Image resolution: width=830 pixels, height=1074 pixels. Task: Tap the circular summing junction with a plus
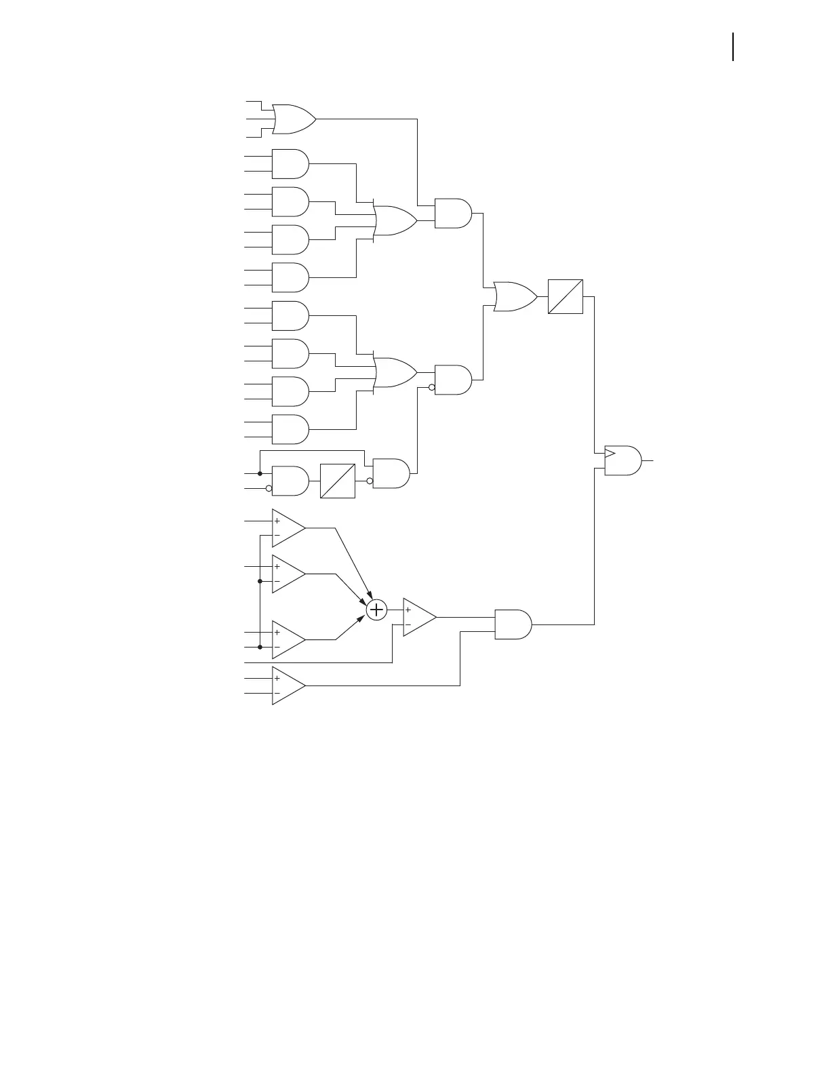(x=376, y=610)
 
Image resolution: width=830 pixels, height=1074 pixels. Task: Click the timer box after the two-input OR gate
(x=566, y=296)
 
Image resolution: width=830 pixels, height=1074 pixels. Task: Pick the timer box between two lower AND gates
(x=338, y=481)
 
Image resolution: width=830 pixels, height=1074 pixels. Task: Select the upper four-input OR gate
(x=395, y=220)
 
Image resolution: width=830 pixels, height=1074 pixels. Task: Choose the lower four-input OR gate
(x=395, y=372)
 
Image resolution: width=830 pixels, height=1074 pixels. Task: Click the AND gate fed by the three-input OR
(x=452, y=213)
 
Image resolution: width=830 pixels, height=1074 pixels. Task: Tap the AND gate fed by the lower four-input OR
(x=452, y=380)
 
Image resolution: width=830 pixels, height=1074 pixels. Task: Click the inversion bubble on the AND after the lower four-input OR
(x=431, y=388)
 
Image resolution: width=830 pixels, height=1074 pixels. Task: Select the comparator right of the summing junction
(x=418, y=617)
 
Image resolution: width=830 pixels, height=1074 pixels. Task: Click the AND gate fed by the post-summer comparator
(x=513, y=624)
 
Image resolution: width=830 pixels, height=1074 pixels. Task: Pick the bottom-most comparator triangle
(x=288, y=685)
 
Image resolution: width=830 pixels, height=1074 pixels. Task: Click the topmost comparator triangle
(x=288, y=528)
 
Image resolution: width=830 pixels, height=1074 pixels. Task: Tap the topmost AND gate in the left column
(x=290, y=163)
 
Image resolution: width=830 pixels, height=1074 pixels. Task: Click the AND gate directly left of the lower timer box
(x=290, y=481)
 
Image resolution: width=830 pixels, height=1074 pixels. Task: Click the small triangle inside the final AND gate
(x=610, y=453)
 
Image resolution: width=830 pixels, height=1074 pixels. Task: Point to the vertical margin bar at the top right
(x=733, y=47)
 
